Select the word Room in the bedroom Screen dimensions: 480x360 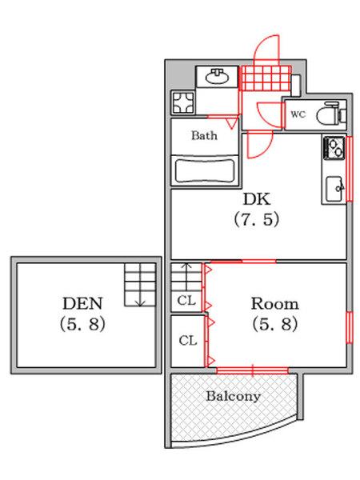coord(274,304)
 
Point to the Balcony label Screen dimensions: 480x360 coord(234,396)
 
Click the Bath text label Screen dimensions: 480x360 coord(204,135)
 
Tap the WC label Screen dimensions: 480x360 coord(298,114)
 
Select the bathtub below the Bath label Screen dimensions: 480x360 coord(204,170)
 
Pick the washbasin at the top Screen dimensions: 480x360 coord(215,78)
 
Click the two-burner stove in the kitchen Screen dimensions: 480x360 coord(334,148)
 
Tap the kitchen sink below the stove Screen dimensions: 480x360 coord(334,189)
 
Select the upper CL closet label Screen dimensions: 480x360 coord(187,302)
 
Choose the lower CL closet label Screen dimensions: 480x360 coord(187,341)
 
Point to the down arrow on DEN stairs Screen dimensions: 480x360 coord(139,300)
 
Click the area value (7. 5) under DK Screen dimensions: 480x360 coord(256,218)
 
